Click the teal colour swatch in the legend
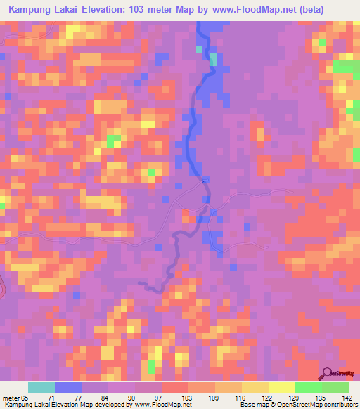point(41,387)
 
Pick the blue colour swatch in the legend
point(68,387)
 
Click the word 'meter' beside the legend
point(10,398)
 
